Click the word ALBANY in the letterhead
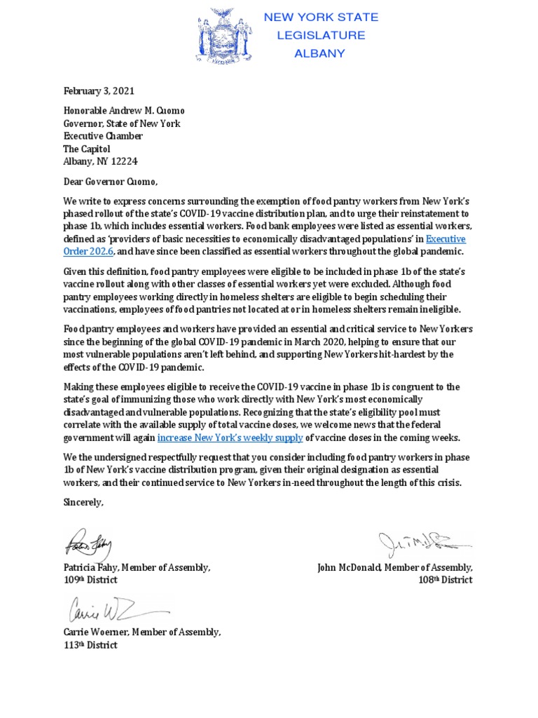pos(320,52)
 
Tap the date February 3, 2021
pos(99,90)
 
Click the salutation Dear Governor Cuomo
pos(106,182)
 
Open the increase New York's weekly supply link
pos(230,438)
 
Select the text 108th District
pos(446,580)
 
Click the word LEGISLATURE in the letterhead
pos(321,34)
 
